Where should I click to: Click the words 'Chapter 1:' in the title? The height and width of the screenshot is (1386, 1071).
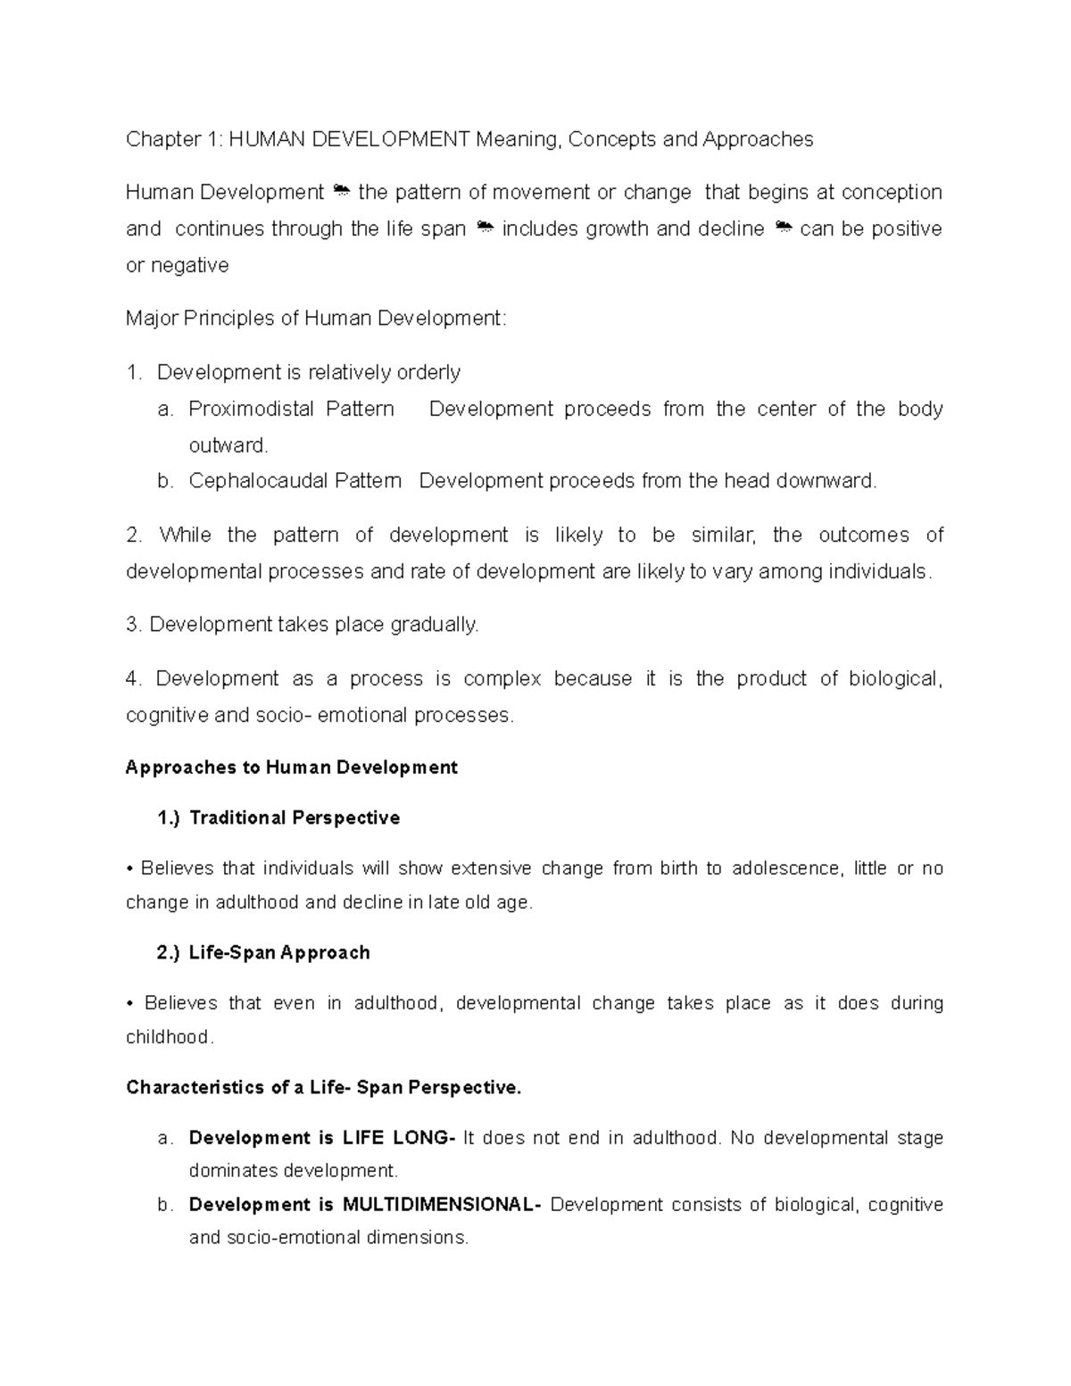pyautogui.click(x=174, y=139)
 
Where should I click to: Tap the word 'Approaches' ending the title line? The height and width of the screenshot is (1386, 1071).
pyautogui.click(x=758, y=139)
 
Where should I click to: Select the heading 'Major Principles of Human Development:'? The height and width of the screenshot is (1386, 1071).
pyautogui.click(x=316, y=319)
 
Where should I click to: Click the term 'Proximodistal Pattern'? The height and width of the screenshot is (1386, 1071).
pyautogui.click(x=291, y=410)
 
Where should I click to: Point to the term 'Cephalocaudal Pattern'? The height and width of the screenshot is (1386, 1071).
pyautogui.click(x=295, y=481)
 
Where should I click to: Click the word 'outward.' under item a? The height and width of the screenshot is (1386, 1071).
pyautogui.click(x=228, y=445)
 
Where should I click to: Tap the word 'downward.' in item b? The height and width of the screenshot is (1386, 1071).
pyautogui.click(x=826, y=481)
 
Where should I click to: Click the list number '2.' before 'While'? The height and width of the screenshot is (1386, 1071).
pyautogui.click(x=135, y=535)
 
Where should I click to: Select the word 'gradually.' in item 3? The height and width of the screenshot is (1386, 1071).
pyautogui.click(x=435, y=625)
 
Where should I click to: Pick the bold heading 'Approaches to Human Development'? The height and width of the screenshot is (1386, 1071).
pyautogui.click(x=292, y=768)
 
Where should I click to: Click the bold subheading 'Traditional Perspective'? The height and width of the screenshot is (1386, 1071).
pyautogui.click(x=295, y=818)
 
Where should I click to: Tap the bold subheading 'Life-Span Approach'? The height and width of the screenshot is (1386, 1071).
pyautogui.click(x=279, y=953)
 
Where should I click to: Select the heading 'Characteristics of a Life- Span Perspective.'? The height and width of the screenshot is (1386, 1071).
pyautogui.click(x=323, y=1088)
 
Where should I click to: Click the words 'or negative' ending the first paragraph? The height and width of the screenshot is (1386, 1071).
pyautogui.click(x=178, y=266)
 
